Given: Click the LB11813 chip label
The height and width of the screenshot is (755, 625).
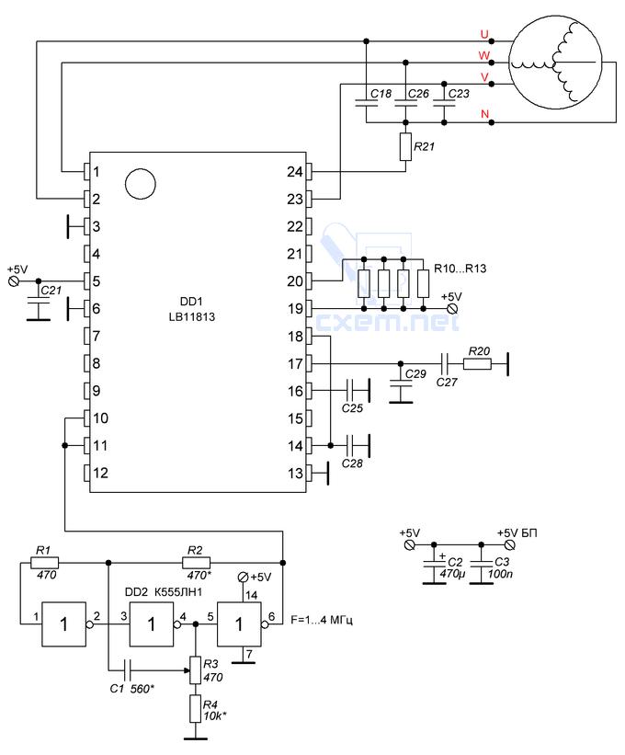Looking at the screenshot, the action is (191, 317).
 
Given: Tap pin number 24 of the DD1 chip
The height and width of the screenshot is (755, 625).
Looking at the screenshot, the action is (294, 171).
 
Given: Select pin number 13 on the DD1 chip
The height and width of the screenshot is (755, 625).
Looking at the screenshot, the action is (295, 474).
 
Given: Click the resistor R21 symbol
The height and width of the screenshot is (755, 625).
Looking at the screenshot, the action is (405, 147).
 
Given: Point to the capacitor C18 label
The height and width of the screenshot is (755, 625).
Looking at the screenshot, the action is (381, 94).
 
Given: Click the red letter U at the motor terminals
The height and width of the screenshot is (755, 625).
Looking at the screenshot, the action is (484, 34).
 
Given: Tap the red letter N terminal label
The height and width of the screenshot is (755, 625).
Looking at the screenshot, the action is (484, 114).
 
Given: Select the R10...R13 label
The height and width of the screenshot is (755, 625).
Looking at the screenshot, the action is (460, 269).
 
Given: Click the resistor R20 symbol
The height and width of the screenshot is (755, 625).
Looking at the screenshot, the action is (477, 364).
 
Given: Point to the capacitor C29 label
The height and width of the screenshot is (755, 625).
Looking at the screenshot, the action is (415, 373).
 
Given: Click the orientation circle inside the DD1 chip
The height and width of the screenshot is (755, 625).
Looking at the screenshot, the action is (140, 184).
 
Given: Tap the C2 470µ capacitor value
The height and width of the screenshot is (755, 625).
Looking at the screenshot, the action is (452, 574).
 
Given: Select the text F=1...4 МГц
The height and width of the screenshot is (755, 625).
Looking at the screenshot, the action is (322, 620).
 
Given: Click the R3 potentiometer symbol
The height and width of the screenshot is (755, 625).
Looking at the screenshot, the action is (195, 670).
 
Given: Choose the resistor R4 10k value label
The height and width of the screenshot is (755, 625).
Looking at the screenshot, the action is (214, 716).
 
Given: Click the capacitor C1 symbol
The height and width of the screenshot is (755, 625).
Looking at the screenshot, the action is (128, 669).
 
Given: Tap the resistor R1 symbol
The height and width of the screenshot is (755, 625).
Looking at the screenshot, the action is (45, 563).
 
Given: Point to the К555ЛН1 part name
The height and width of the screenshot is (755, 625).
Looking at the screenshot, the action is (178, 592).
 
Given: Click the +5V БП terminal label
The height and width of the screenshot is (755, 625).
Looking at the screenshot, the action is (517, 533).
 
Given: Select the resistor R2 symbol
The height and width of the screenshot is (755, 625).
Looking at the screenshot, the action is (197, 563).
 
